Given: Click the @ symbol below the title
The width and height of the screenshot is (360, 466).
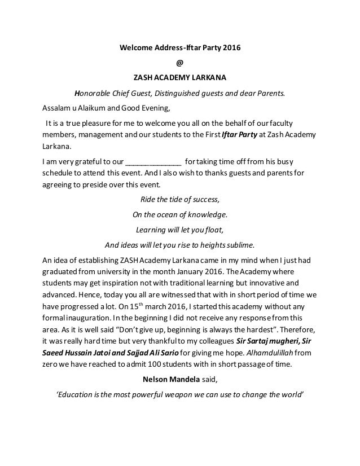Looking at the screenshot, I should click(x=179, y=63).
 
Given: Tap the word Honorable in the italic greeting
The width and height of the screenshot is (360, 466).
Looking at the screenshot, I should click(x=93, y=94).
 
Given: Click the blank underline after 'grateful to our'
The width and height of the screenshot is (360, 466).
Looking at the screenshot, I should click(x=152, y=160).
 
